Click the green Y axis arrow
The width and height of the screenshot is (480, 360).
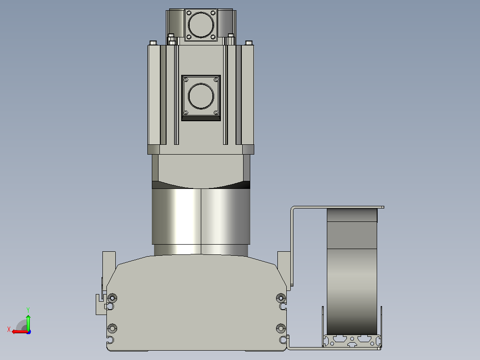coord(28,322)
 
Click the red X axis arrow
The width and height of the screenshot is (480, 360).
coord(20,332)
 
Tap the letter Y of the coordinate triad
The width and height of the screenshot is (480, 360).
coord(28,310)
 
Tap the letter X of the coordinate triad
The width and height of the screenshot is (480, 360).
coord(8,329)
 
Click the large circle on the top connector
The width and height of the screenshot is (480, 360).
coord(201,25)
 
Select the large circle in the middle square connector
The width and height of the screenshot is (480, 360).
coord(201,96)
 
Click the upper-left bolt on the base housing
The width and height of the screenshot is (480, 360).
coord(112,298)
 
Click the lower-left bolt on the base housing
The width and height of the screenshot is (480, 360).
coord(112,328)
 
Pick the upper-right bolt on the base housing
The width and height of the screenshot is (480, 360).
coord(281,298)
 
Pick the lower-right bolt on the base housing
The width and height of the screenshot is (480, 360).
coord(281,328)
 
